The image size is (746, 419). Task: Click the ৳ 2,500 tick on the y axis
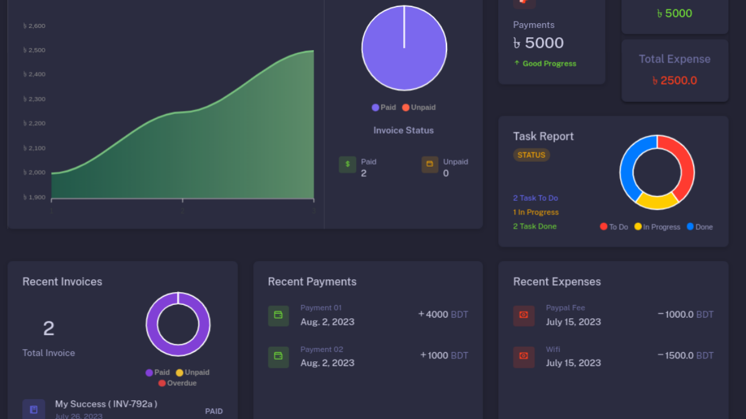(34, 50)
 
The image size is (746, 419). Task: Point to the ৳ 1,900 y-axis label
(34, 197)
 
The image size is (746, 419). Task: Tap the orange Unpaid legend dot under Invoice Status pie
(406, 108)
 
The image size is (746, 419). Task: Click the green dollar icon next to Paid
(347, 165)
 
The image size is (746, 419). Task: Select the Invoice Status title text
(403, 130)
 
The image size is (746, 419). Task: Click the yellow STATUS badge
(531, 155)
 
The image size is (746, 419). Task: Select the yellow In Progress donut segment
(657, 201)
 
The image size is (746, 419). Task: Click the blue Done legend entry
(699, 227)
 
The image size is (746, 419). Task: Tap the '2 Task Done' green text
(534, 226)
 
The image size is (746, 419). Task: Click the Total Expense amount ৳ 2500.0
(674, 80)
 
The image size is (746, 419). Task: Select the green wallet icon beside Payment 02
(278, 357)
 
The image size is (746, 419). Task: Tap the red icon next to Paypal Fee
(523, 315)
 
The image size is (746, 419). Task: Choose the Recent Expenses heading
(557, 282)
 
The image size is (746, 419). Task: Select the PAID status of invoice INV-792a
(214, 411)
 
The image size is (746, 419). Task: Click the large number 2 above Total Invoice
(48, 329)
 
